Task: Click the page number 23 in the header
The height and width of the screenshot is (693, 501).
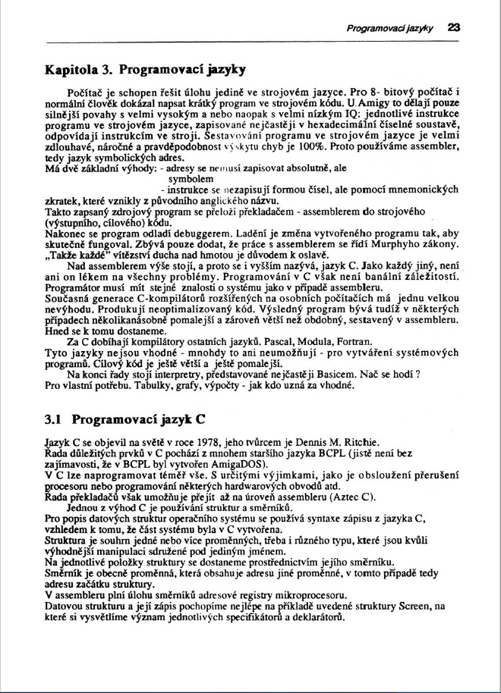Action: [453, 27]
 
